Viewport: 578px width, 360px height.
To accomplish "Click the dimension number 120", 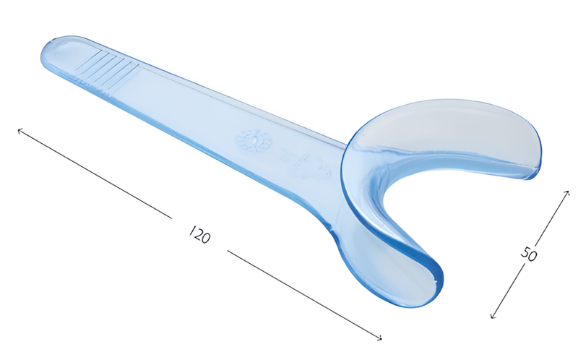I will pyautogui.click(x=199, y=234).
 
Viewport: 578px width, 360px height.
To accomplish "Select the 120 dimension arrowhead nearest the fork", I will pyautogui.click(x=379, y=337).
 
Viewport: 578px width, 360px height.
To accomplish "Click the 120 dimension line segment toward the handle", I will pyautogui.click(x=94, y=174).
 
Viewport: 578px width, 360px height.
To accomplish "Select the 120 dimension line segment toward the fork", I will pyautogui.click(x=303, y=293).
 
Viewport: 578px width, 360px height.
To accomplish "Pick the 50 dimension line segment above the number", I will pyautogui.click(x=553, y=217).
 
